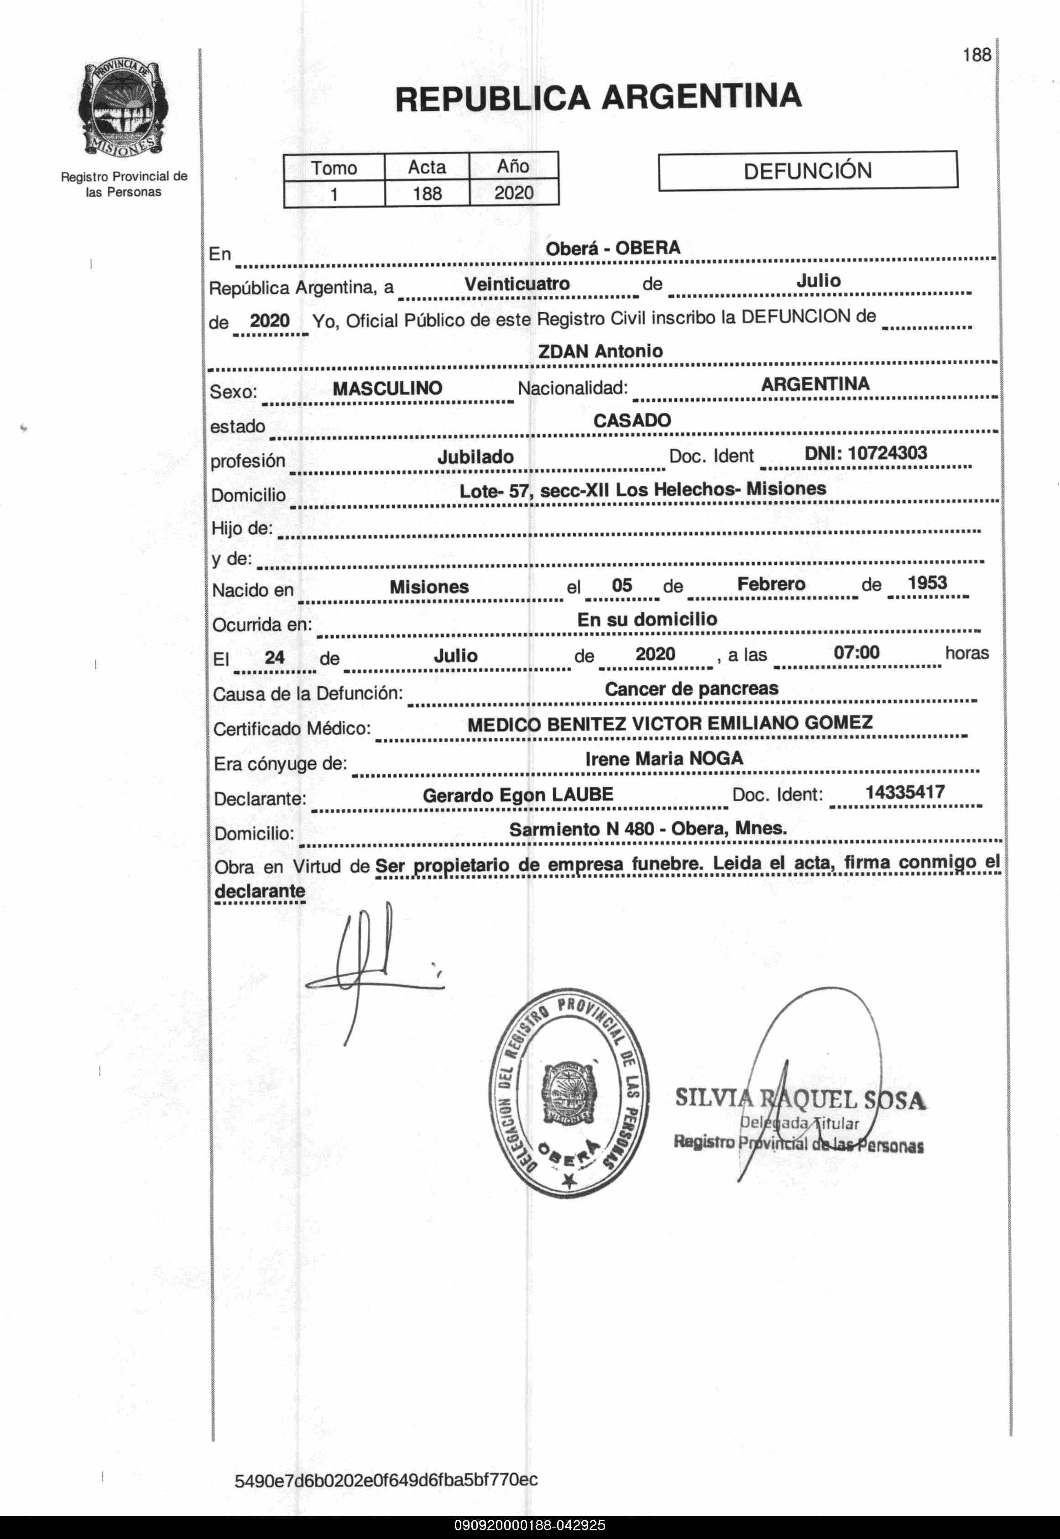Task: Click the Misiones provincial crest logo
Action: coord(123,108)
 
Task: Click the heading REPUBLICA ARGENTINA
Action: coord(598,97)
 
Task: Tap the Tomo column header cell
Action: coord(334,168)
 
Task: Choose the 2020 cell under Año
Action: coord(513,193)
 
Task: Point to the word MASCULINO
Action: coord(387,388)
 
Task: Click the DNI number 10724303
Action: coord(888,453)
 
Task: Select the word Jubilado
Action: coord(475,457)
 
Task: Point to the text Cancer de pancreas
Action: coord(691,688)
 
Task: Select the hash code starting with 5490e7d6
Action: coord(386,1480)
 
